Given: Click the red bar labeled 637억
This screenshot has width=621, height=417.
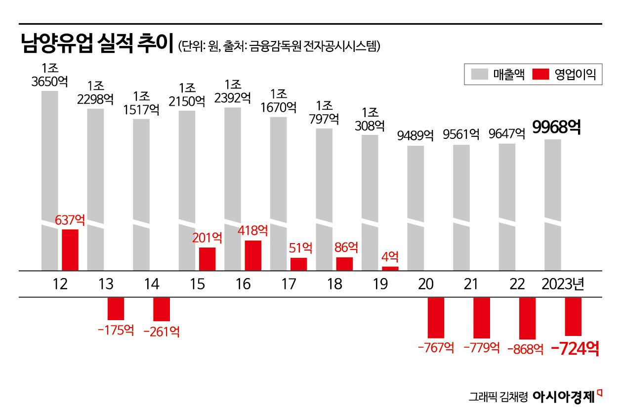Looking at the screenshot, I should point(70,250).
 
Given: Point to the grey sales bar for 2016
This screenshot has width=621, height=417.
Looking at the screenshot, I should point(233,188).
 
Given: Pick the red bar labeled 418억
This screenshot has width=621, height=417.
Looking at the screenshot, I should point(253,255).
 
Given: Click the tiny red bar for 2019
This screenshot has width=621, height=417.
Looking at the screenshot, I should point(390,268).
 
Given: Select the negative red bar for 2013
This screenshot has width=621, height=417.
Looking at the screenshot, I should point(116,309).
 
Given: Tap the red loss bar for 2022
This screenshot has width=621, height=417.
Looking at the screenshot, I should point(527,318).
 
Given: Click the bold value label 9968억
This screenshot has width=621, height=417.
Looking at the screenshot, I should point(556,127).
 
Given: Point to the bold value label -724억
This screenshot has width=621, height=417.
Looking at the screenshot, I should point(575,349).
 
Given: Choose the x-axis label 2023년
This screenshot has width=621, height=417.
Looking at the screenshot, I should point(563,285).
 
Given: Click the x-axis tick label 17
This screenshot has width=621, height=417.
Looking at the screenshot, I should point(289,285).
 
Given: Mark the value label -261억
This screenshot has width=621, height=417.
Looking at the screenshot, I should point(162,332).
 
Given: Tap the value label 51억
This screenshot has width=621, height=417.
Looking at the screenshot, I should point(300,248).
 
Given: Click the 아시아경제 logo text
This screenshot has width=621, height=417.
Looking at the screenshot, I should point(564,397).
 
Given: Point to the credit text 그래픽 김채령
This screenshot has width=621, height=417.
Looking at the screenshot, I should point(498,397).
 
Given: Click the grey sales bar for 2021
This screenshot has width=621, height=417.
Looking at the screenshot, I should point(461,208).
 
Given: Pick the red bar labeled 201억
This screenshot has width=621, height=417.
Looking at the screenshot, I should point(207,259).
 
